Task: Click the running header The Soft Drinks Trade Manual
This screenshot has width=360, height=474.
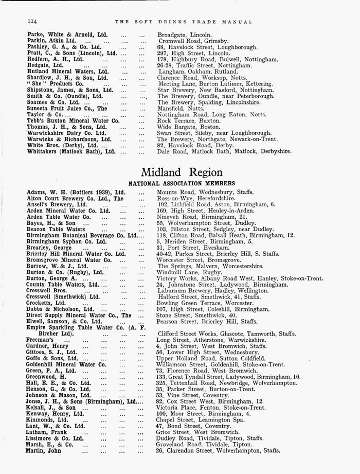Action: coord(183,22)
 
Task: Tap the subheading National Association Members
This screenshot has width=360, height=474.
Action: coord(182,183)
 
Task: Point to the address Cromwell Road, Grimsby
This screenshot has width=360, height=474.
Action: coord(193,41)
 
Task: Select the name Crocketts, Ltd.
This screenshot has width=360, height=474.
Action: coord(46,303)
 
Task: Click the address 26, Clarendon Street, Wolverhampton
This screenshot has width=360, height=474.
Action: coord(218,451)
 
